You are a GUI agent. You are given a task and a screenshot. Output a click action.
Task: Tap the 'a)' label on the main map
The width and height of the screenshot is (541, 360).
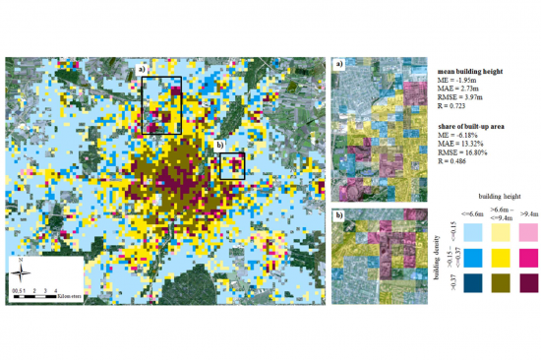tap(142, 70)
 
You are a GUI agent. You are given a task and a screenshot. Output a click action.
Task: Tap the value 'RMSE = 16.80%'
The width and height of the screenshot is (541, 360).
tap(468, 153)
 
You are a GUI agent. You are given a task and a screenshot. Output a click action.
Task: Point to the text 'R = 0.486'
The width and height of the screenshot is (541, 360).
tap(456, 162)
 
